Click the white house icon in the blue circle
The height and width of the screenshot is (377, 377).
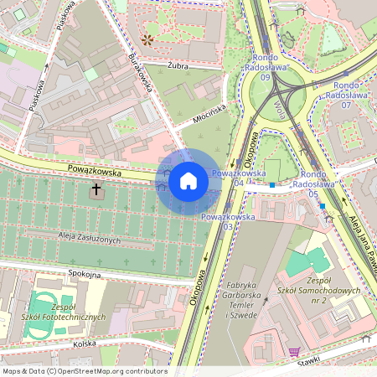click(x=188, y=179)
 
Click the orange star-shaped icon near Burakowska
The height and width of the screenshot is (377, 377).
click(x=148, y=39)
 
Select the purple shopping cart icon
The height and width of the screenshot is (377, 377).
click(x=293, y=352)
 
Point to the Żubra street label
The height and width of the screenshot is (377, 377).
click(x=178, y=64)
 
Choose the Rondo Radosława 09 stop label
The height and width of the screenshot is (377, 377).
click(x=266, y=67)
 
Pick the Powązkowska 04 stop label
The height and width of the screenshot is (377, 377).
click(x=233, y=177)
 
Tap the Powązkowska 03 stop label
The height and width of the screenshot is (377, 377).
click(x=227, y=221)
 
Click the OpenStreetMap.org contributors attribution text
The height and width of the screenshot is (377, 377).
click(x=84, y=371)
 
